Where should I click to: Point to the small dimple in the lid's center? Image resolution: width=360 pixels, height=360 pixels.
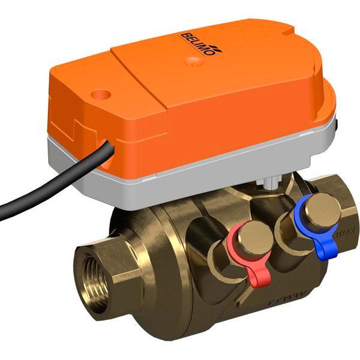[191, 60]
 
